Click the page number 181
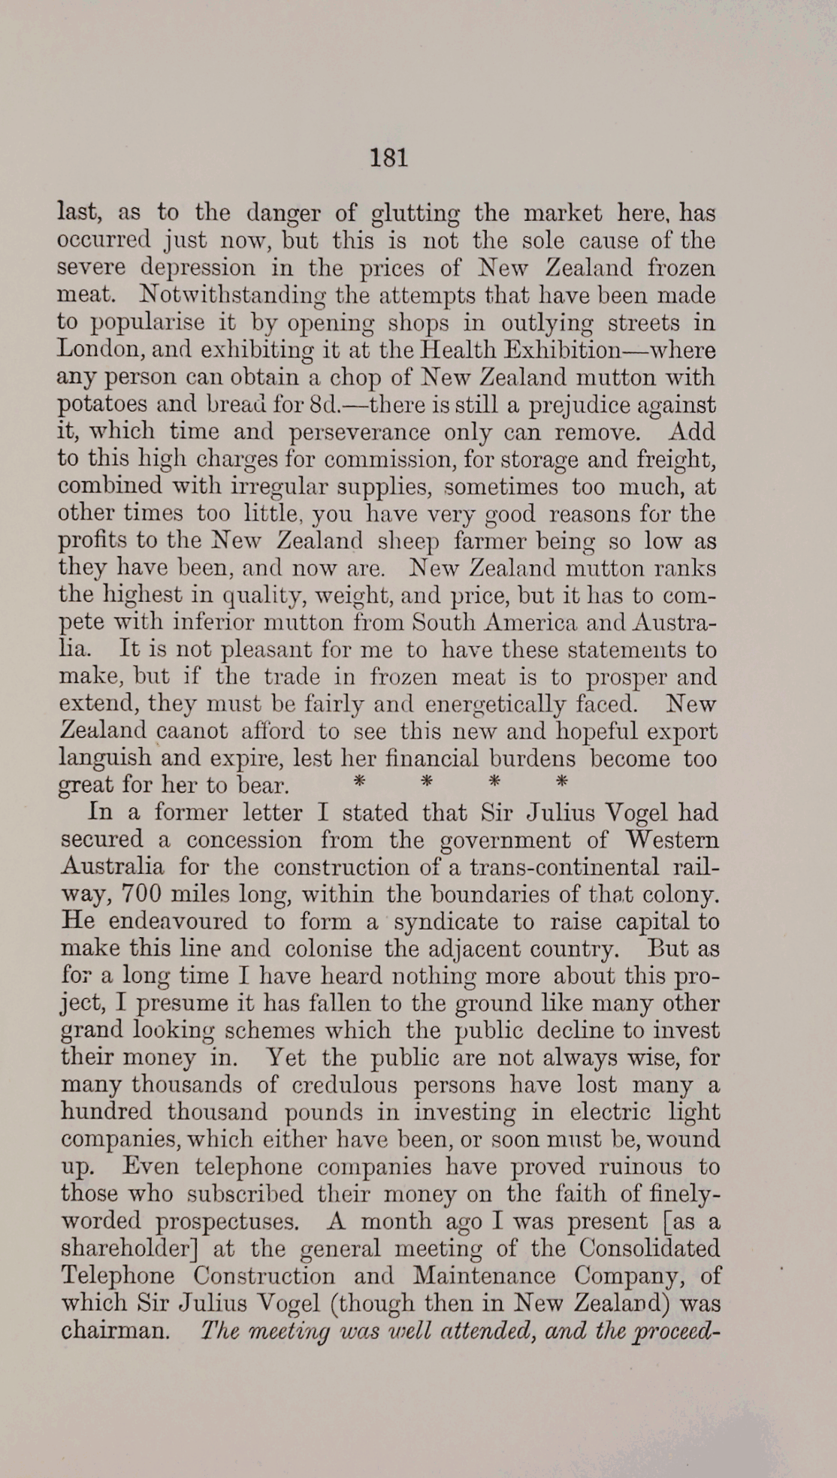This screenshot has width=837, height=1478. (x=388, y=159)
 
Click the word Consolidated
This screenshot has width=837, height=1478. (x=649, y=1247)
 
